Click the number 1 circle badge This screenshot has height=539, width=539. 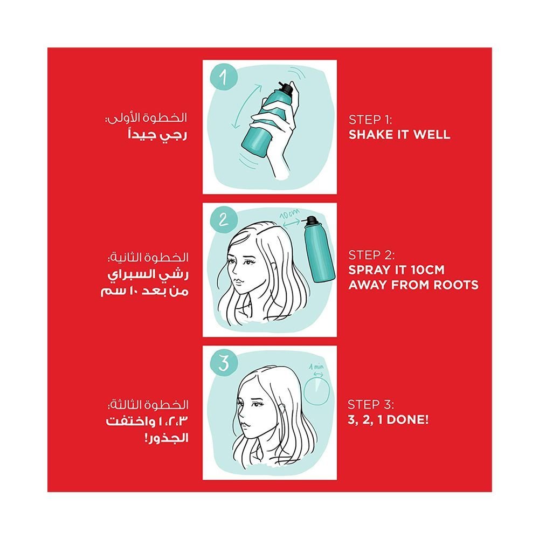click(224, 77)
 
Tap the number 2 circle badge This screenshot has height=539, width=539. click(224, 219)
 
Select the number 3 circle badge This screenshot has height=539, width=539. click(224, 363)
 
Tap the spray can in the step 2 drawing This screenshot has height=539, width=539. click(319, 249)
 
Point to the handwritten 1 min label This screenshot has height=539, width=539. click(316, 367)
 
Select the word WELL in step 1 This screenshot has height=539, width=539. click(432, 134)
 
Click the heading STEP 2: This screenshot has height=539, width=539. click(371, 255)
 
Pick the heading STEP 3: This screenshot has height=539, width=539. click(371, 405)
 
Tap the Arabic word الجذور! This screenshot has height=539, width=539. click(167, 438)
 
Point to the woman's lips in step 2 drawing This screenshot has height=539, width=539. click(238, 282)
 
